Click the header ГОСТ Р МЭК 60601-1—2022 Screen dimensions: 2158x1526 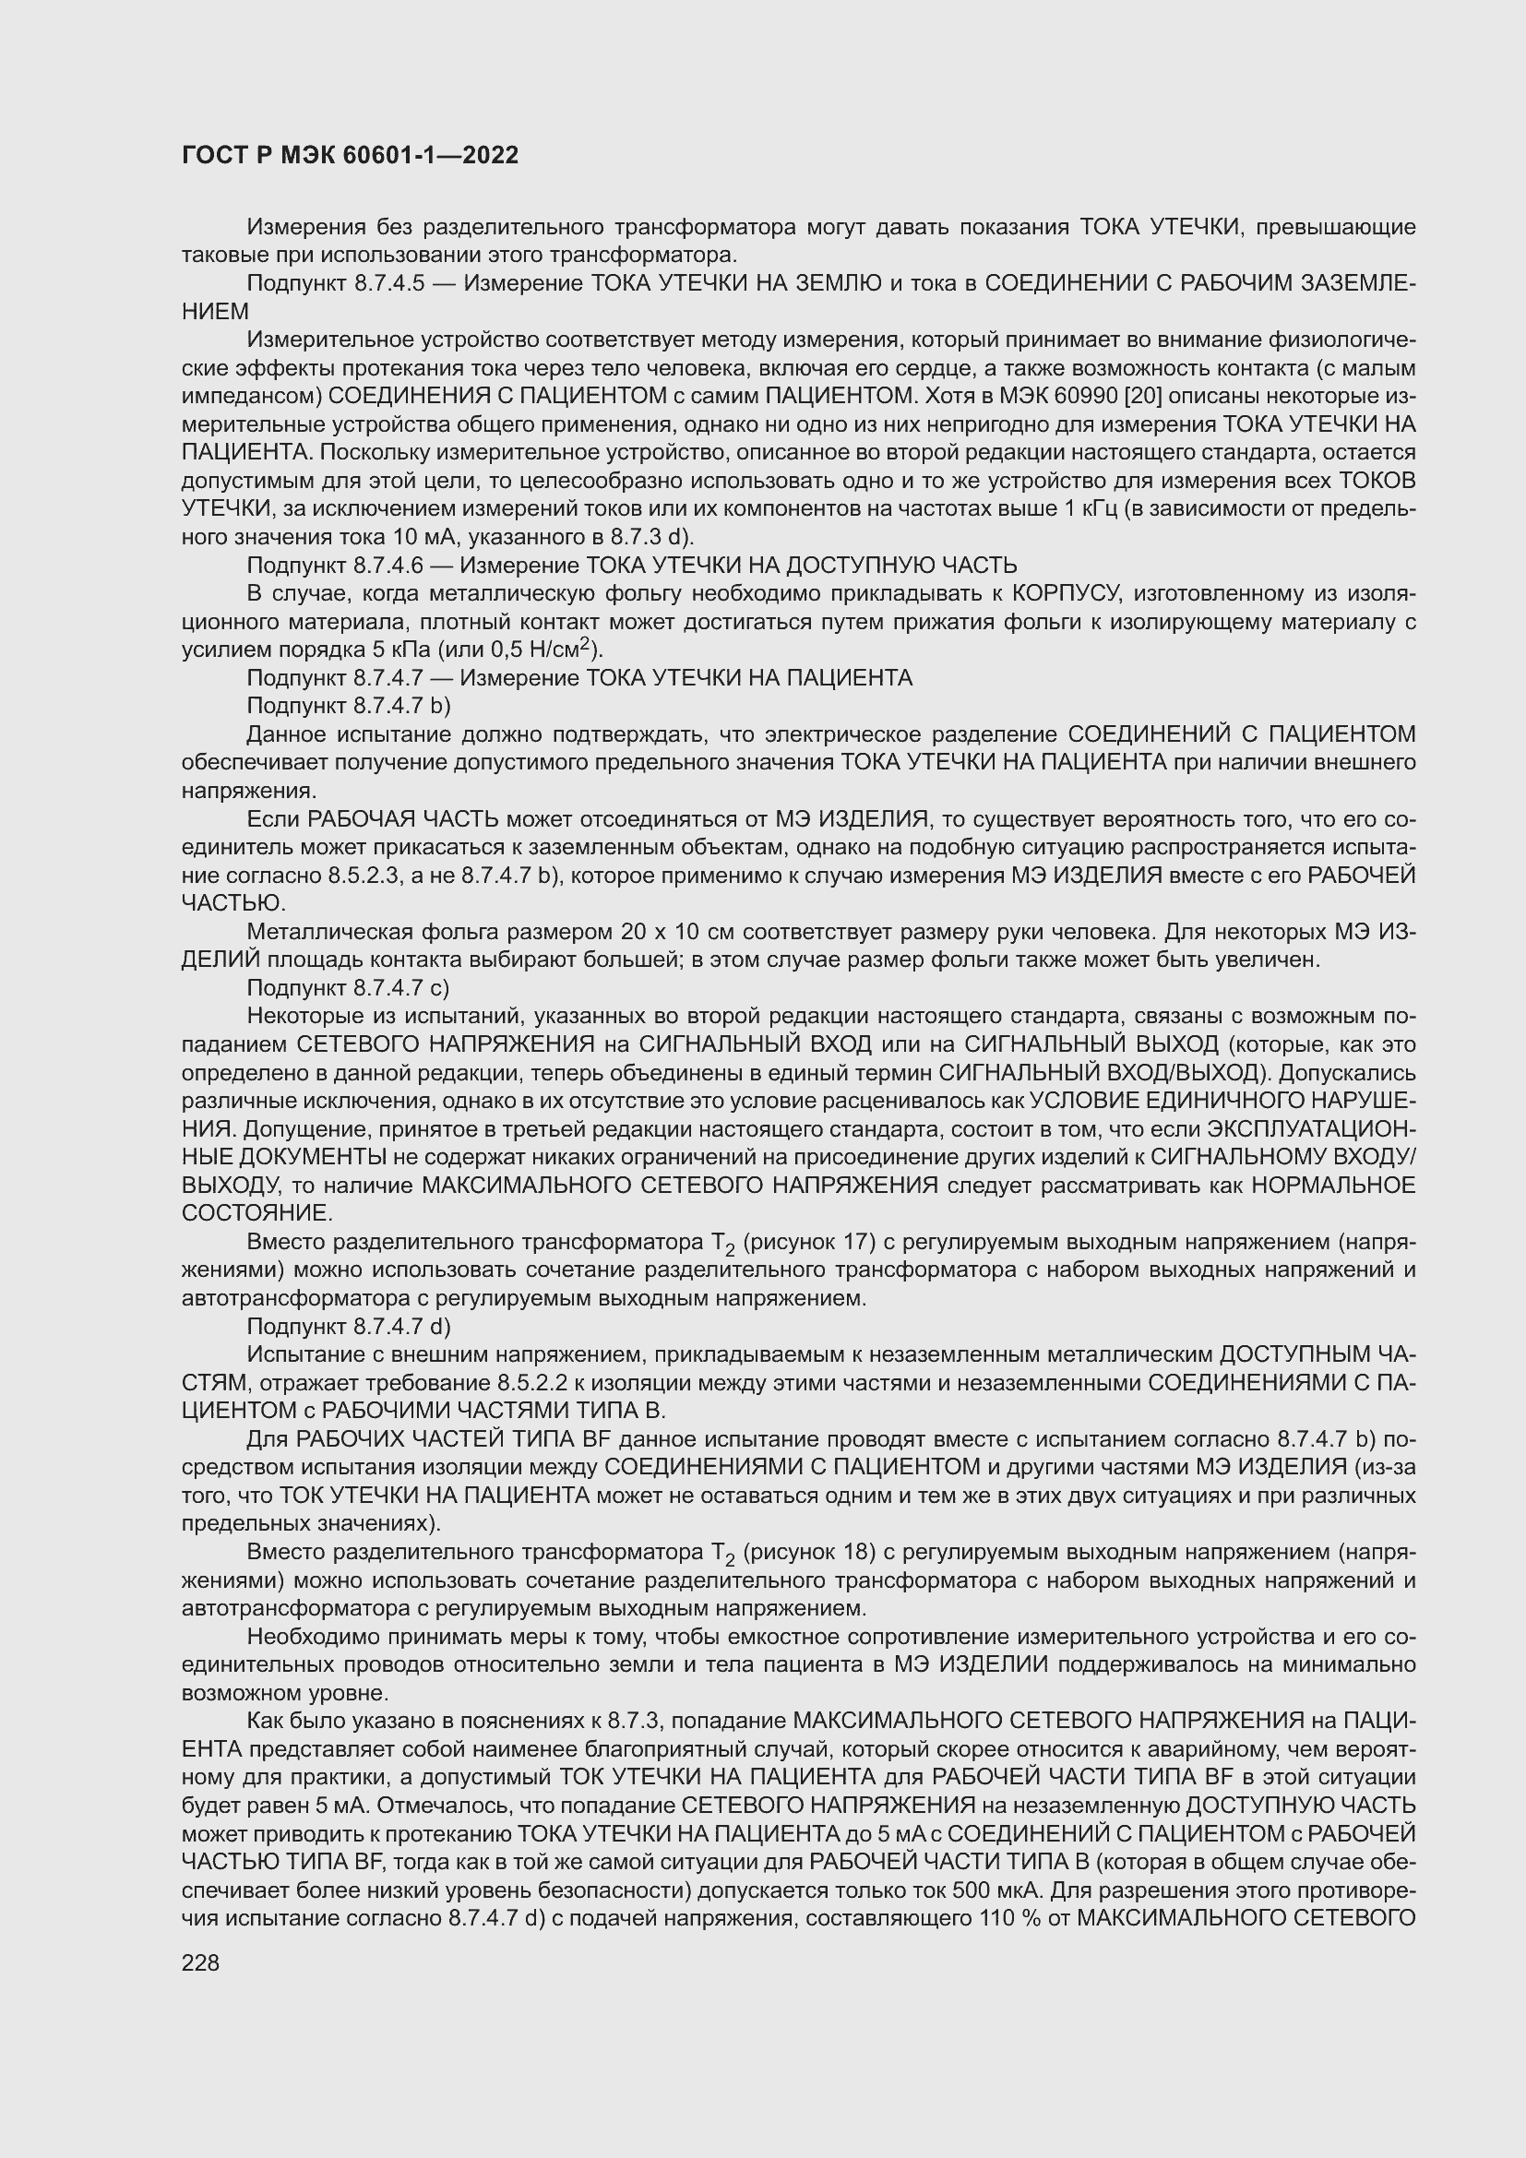point(350,156)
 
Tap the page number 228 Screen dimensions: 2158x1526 point(200,1962)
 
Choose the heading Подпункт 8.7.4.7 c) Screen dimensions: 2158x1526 point(348,988)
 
